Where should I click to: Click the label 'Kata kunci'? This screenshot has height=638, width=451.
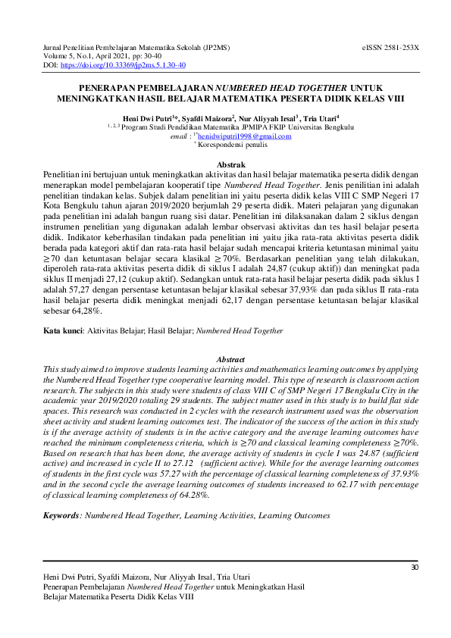point(62,331)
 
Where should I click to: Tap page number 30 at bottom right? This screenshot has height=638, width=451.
point(414,568)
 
